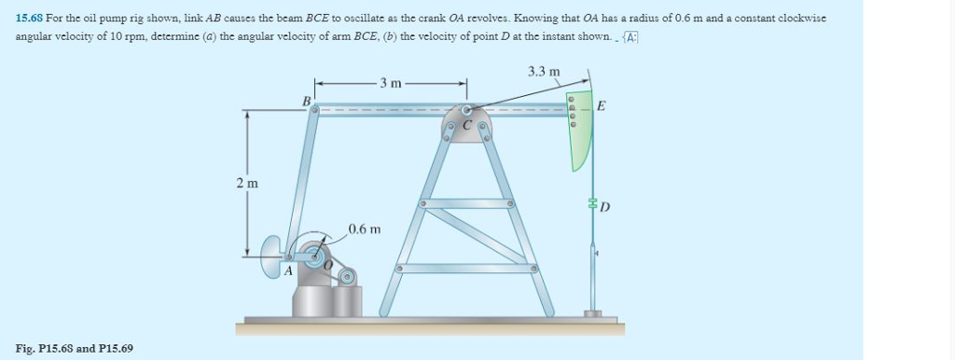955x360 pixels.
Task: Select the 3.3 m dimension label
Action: click(x=544, y=71)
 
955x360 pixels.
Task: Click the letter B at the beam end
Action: click(x=304, y=100)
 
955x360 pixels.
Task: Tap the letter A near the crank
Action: click(x=288, y=270)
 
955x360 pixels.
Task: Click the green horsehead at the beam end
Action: click(x=580, y=131)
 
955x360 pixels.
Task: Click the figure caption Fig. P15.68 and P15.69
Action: click(x=74, y=348)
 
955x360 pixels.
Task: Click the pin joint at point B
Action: click(x=315, y=109)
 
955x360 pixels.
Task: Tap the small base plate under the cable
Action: click(x=593, y=314)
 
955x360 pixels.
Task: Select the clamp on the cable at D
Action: click(x=591, y=203)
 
